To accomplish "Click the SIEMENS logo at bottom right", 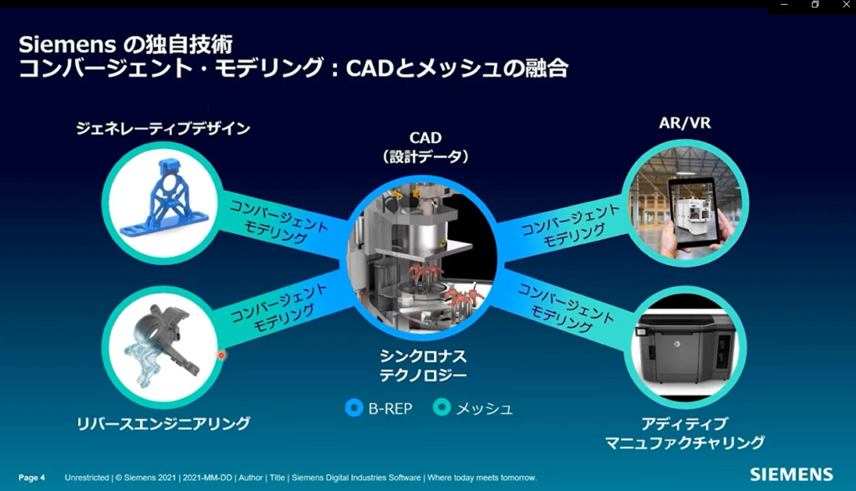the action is [791, 474].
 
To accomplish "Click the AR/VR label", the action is [685, 123].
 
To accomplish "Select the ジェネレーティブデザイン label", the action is [163, 128].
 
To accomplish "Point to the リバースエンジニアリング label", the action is [163, 423].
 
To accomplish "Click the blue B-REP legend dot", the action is [354, 408].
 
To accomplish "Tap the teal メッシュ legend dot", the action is [441, 407].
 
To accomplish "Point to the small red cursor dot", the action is [221, 355].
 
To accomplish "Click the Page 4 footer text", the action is [32, 478].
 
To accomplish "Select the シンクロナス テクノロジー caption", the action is [423, 366].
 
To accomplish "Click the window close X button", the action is [846, 4].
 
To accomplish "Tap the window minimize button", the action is [784, 4].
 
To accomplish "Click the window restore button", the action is [815, 4].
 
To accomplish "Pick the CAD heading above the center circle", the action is [425, 138].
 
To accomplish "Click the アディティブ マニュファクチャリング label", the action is [685, 433].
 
